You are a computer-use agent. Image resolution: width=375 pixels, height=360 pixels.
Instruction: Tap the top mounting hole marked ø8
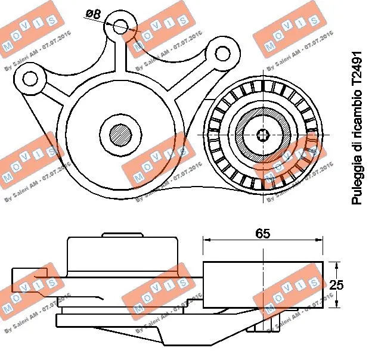point(121,26)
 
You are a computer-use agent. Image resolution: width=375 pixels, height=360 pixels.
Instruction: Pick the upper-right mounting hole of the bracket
point(222,54)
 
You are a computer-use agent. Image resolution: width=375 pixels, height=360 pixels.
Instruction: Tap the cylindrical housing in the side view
point(123,256)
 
